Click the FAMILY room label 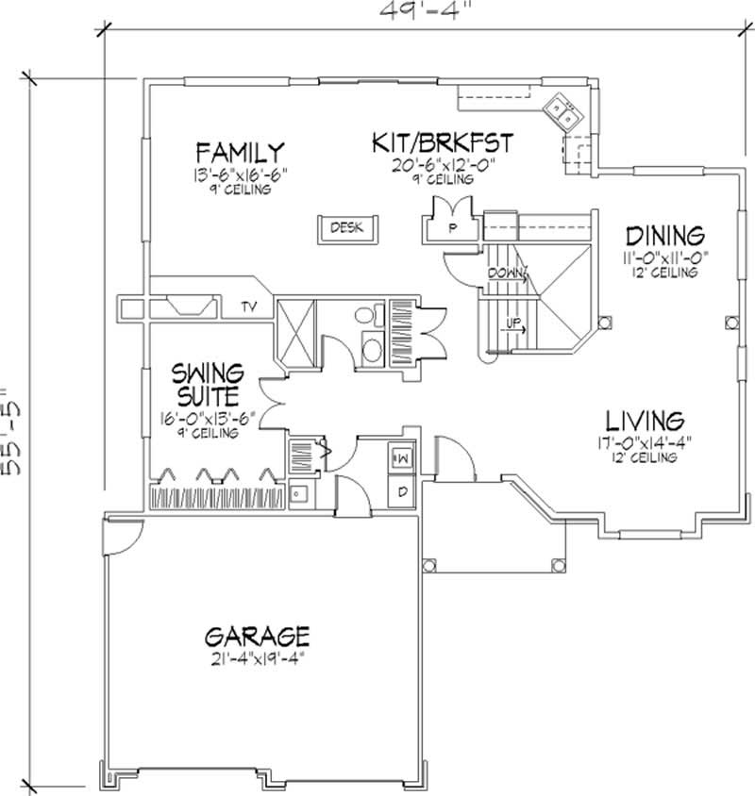click(240, 152)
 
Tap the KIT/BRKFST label click(442, 144)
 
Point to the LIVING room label click(644, 419)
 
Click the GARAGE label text click(256, 633)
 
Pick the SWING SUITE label click(208, 383)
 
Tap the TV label click(249, 307)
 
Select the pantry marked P click(451, 227)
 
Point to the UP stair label click(512, 323)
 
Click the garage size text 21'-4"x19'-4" click(256, 657)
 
